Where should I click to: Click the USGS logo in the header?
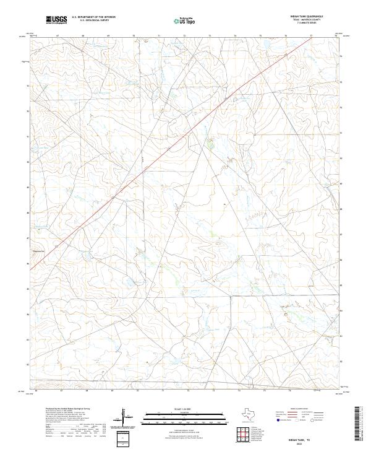[56, 20]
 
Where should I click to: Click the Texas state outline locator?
[249, 416]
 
